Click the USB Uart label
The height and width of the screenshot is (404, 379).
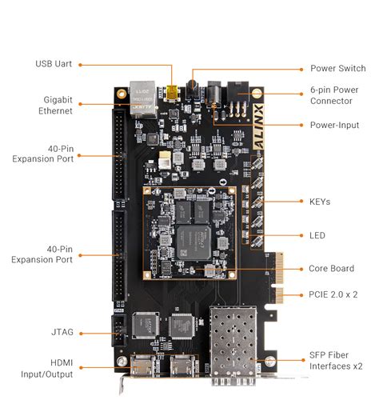coord(54,64)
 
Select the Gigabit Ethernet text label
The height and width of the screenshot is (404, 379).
coord(53,105)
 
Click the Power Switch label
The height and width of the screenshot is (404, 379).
coord(334,69)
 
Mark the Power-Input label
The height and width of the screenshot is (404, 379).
coord(333,125)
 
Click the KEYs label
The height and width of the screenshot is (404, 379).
coord(319,202)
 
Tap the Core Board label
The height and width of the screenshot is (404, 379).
coord(330,269)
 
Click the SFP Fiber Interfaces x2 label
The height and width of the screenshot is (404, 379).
coord(333,361)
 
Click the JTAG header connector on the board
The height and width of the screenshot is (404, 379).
coord(118,330)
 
